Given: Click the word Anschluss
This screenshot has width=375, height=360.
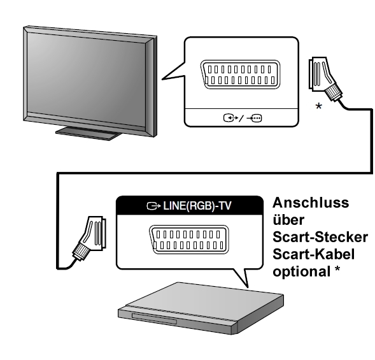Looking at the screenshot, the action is coord(311,203).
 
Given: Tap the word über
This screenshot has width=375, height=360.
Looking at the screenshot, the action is coord(288,220).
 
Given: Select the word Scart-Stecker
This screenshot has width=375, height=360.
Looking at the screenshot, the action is coord(320,237).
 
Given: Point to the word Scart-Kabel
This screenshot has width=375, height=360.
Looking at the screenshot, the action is coord(313,254).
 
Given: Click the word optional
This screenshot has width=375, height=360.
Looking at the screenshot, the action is coord(302,272).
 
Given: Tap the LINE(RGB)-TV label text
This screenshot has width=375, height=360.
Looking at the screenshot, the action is coord(197,206).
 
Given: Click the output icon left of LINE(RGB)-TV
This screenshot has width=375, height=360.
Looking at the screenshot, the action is coord(153,206).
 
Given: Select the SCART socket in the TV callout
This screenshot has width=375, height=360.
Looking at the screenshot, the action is coord(240,75).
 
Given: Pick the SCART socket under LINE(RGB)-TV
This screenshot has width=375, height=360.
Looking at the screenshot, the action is coord(188,240).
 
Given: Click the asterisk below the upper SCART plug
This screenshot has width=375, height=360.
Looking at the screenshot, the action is coord(318,106).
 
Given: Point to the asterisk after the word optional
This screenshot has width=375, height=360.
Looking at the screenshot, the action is coord(337,269).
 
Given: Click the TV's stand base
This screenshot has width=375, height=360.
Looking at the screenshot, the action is coord(89,134).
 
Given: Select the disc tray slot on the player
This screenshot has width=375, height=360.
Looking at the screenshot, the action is coord(155,319).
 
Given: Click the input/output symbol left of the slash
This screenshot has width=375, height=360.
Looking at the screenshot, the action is coord(230,118).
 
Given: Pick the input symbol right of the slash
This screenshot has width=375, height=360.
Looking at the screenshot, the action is coord(254,118).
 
